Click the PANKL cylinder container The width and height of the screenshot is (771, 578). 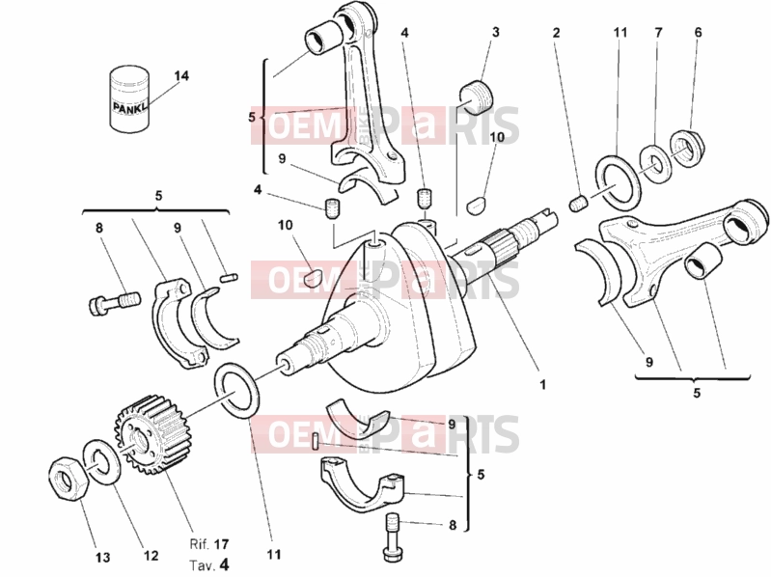pyautogui.click(x=128, y=99)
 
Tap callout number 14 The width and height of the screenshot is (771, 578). pyautogui.click(x=181, y=76)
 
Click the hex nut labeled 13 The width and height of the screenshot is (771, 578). pyautogui.click(x=69, y=478)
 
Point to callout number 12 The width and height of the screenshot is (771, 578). pyautogui.click(x=151, y=556)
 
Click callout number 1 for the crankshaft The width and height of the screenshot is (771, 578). pyautogui.click(x=543, y=384)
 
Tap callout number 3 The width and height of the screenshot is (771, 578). pyautogui.click(x=496, y=33)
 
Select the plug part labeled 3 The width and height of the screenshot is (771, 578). pyautogui.click(x=477, y=95)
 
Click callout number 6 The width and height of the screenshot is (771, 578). pyautogui.click(x=699, y=33)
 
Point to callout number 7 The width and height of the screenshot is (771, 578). pyautogui.click(x=659, y=33)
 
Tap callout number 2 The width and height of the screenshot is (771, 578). pyautogui.click(x=556, y=33)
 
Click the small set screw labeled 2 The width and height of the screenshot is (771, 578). pyautogui.click(x=578, y=204)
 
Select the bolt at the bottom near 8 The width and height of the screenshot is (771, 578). pyautogui.click(x=393, y=537)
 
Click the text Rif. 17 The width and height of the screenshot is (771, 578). pyautogui.click(x=209, y=544)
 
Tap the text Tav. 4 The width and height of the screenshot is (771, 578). pyautogui.click(x=209, y=564)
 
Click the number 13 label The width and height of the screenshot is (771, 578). pyautogui.click(x=102, y=558)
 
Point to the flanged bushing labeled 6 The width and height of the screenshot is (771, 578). pyautogui.click(x=687, y=148)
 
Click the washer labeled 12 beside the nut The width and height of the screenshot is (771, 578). pyautogui.click(x=102, y=462)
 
